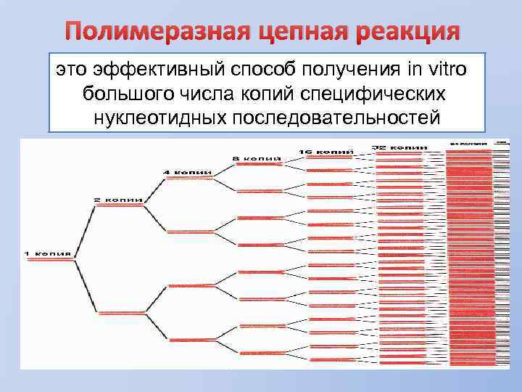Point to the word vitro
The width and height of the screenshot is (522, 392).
[442, 70]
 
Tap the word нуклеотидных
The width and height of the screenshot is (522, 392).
[159, 117]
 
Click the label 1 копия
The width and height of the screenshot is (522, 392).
[48, 253]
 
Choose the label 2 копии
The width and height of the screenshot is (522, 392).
[118, 199]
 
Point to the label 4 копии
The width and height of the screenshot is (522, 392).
[187, 172]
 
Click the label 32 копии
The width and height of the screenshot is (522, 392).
[399, 147]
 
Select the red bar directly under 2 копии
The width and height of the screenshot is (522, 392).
[119, 205]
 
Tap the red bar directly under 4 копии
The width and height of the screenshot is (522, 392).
[188, 179]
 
